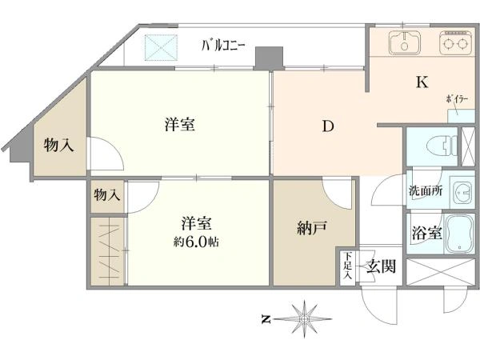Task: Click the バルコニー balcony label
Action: [x=223, y=46]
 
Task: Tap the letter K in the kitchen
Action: [x=422, y=82]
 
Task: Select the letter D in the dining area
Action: [x=328, y=126]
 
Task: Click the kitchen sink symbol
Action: [x=405, y=42]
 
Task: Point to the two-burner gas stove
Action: [x=456, y=42]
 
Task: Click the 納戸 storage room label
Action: [x=312, y=228]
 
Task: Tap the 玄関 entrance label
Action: [x=382, y=266]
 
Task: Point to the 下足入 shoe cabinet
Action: [x=347, y=266]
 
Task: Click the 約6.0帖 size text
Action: [x=196, y=242]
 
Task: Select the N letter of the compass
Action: [x=266, y=319]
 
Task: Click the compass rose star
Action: [x=304, y=319]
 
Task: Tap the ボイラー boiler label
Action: [x=457, y=99]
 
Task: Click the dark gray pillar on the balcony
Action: [x=269, y=58]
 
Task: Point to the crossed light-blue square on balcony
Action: [x=161, y=47]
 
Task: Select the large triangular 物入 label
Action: [x=58, y=145]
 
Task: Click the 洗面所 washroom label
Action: [x=426, y=191]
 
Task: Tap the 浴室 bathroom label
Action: [x=426, y=234]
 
